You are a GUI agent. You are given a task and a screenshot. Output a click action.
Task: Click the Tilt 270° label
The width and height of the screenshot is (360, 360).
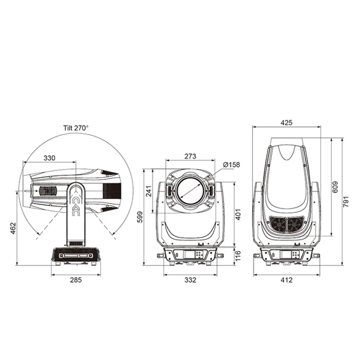pos(76,128)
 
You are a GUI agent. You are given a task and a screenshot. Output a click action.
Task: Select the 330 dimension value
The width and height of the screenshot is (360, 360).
pos(50,158)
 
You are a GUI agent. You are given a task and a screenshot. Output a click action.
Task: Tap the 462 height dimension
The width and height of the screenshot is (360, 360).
pos(13,228)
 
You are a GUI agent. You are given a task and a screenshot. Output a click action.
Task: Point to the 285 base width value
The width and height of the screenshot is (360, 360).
pos(76,280)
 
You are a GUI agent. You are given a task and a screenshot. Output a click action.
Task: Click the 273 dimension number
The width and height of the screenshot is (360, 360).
pos(190,156)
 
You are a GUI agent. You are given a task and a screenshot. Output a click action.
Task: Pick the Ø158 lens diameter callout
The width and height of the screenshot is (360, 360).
pos(231,165)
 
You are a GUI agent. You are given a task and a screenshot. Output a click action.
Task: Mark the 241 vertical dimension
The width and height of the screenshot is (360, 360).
pos(149,191)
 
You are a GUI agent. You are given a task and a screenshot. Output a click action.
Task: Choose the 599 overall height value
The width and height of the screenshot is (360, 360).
pos(140,217)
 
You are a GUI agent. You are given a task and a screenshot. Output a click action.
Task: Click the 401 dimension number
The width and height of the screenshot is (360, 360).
pos(238,215)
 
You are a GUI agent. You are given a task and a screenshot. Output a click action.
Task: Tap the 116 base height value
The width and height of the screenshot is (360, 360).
pos(238,256)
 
